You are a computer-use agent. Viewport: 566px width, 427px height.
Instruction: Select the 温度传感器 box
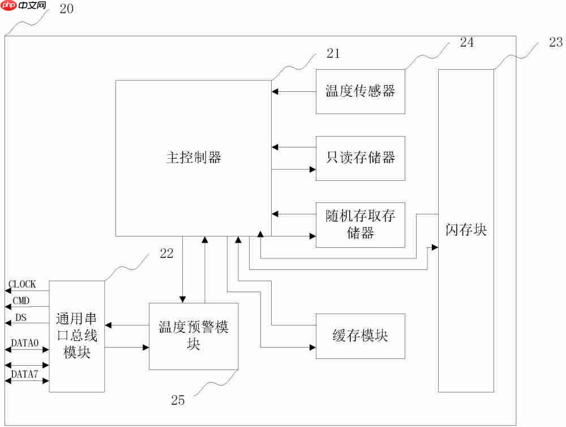360,91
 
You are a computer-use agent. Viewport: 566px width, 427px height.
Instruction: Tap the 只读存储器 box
360,158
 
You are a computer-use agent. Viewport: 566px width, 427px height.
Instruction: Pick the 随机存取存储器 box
360,225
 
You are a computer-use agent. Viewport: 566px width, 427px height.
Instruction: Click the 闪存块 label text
466,230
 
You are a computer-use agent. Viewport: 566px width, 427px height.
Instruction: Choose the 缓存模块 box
360,336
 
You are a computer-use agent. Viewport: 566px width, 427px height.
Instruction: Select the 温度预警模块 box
194,336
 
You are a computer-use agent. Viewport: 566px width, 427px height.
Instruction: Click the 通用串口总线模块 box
77,336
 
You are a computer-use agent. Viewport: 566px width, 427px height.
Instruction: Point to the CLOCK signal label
22,284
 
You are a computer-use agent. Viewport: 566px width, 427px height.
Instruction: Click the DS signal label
20,317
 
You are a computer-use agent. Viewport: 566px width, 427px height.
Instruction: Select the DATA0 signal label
25,343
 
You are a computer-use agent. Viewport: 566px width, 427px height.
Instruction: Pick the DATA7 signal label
25,374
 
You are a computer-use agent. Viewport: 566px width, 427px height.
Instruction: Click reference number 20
66,10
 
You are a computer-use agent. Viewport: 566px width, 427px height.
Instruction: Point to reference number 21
333,54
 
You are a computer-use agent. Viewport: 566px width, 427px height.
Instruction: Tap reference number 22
166,255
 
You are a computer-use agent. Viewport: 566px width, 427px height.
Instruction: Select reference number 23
556,41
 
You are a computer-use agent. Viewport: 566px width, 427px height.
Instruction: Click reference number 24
466,43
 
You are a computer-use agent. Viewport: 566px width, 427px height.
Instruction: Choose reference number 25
178,400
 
